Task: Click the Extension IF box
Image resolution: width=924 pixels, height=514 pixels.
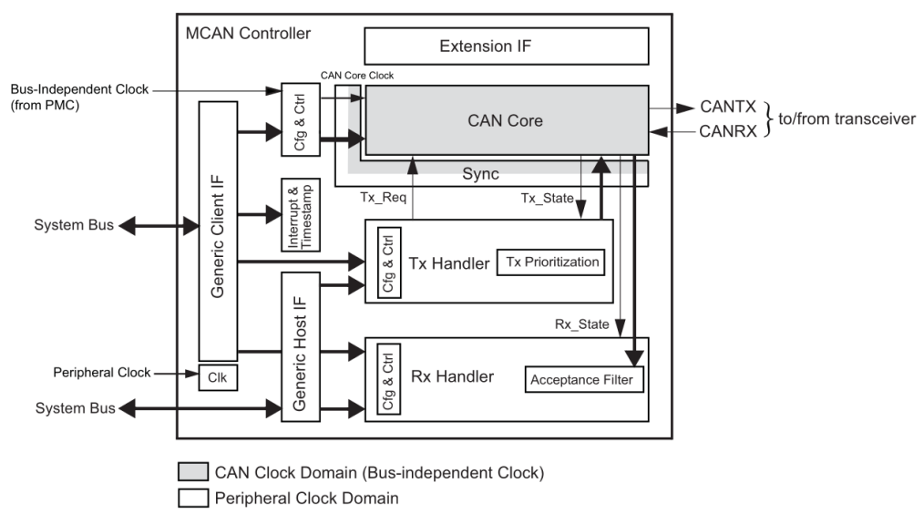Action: pos(506,46)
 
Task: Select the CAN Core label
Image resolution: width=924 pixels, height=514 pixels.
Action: pos(506,119)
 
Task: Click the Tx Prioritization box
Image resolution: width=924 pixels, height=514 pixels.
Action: pos(552,262)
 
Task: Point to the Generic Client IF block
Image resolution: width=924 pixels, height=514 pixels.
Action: pos(217,230)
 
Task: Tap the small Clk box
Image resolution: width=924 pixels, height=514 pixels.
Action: pos(218,376)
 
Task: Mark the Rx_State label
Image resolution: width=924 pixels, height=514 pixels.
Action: pos(581,324)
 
